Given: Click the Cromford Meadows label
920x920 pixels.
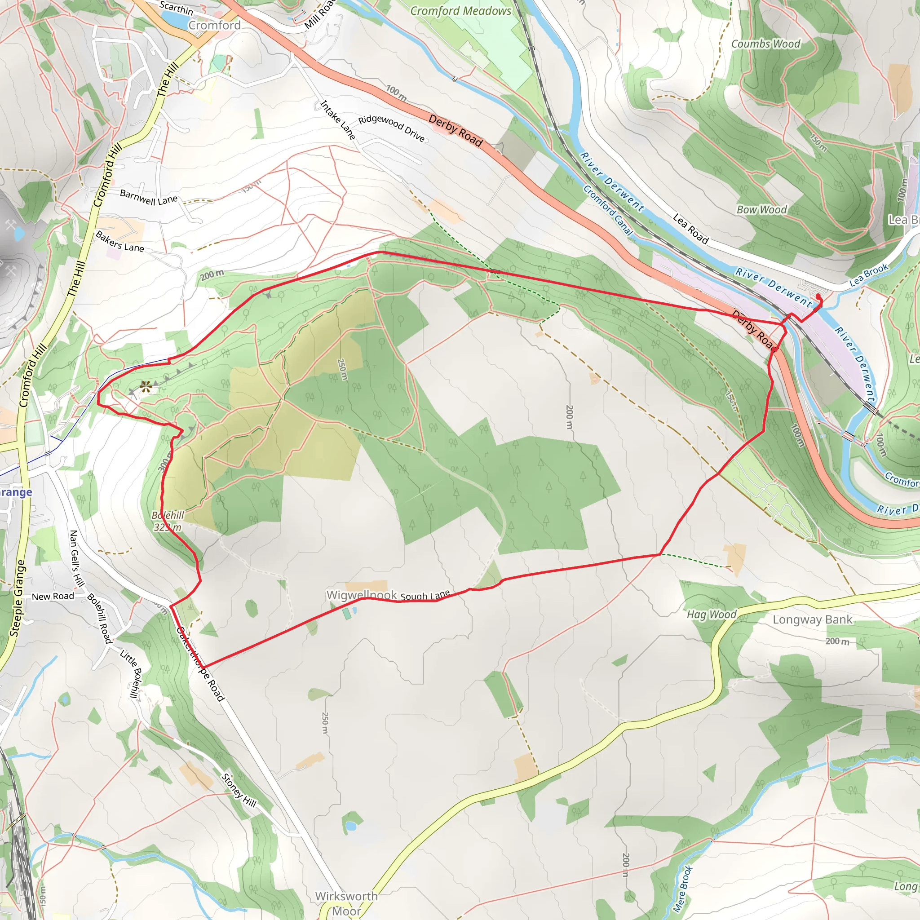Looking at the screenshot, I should pos(460,11).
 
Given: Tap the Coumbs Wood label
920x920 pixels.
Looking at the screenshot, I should pos(766,44).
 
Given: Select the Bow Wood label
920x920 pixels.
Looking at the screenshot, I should pos(761,209).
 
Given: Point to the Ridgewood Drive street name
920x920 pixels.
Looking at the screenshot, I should pos(391,128).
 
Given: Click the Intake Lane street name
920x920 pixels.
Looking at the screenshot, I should pos(338,120).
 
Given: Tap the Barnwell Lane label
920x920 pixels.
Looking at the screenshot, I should pos(149,197).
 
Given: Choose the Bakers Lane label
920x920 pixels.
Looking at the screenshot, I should pos(119,241).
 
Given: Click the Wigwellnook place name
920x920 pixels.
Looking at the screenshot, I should pos(362,595).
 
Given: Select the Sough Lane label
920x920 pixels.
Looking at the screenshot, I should pos(425,596).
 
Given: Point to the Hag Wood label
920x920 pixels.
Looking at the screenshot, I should pos(712,614).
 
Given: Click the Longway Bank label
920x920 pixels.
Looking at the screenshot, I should pos(812,619).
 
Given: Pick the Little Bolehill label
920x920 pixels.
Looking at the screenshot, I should pos(131,674).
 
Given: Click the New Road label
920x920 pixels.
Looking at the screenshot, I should pos(53,596).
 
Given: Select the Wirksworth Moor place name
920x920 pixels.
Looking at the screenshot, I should pos(346,903).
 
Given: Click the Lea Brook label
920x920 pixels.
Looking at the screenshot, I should pos(869,275).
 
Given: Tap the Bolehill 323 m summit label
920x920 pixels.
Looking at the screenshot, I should pos(168,521).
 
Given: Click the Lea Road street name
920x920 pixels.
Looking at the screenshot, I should pos(690,229).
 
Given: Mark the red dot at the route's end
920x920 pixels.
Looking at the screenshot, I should pos(818,296).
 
